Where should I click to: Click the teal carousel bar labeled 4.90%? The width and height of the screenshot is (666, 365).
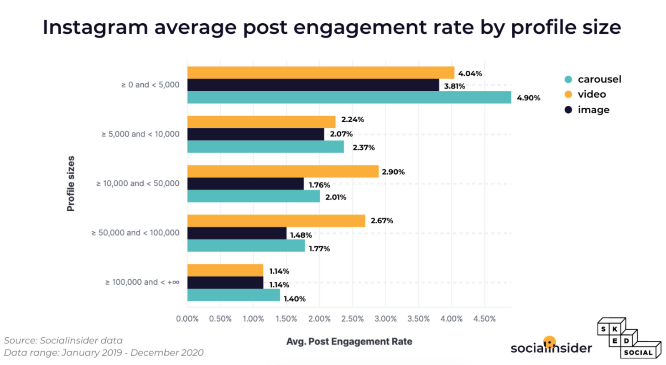pos(349,97)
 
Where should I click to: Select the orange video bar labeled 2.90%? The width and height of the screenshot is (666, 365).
pos(283,172)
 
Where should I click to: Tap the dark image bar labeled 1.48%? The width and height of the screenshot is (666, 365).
pos(237,233)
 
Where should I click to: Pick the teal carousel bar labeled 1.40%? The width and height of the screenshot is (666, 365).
pos(234,295)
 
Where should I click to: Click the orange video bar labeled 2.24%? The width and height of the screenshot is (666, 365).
pos(261,122)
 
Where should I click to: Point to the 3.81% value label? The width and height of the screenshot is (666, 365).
pos(454,86)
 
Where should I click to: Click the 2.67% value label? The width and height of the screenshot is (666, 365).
pos(382,221)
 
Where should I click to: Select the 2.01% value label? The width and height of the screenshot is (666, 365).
pos(336,197)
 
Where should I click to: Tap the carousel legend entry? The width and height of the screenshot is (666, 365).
pos(593,79)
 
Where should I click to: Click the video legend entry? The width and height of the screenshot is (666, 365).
pos(585,94)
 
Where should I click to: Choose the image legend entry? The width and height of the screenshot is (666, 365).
pos(587,110)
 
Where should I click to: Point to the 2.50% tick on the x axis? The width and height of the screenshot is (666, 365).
pos(352,319)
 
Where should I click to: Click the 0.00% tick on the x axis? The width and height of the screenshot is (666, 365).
pos(187,319)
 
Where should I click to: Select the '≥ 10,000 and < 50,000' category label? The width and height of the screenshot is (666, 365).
pos(138,183)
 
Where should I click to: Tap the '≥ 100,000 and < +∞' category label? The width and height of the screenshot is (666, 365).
pos(142,282)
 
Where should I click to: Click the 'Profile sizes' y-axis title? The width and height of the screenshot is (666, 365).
pos(71,183)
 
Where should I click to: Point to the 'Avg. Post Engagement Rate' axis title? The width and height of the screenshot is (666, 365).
pos(349,341)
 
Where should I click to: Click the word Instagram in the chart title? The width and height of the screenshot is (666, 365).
pos(95,28)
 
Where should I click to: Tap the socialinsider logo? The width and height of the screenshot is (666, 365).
pos(551,346)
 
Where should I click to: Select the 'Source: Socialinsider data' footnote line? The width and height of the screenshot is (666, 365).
pos(63,340)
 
